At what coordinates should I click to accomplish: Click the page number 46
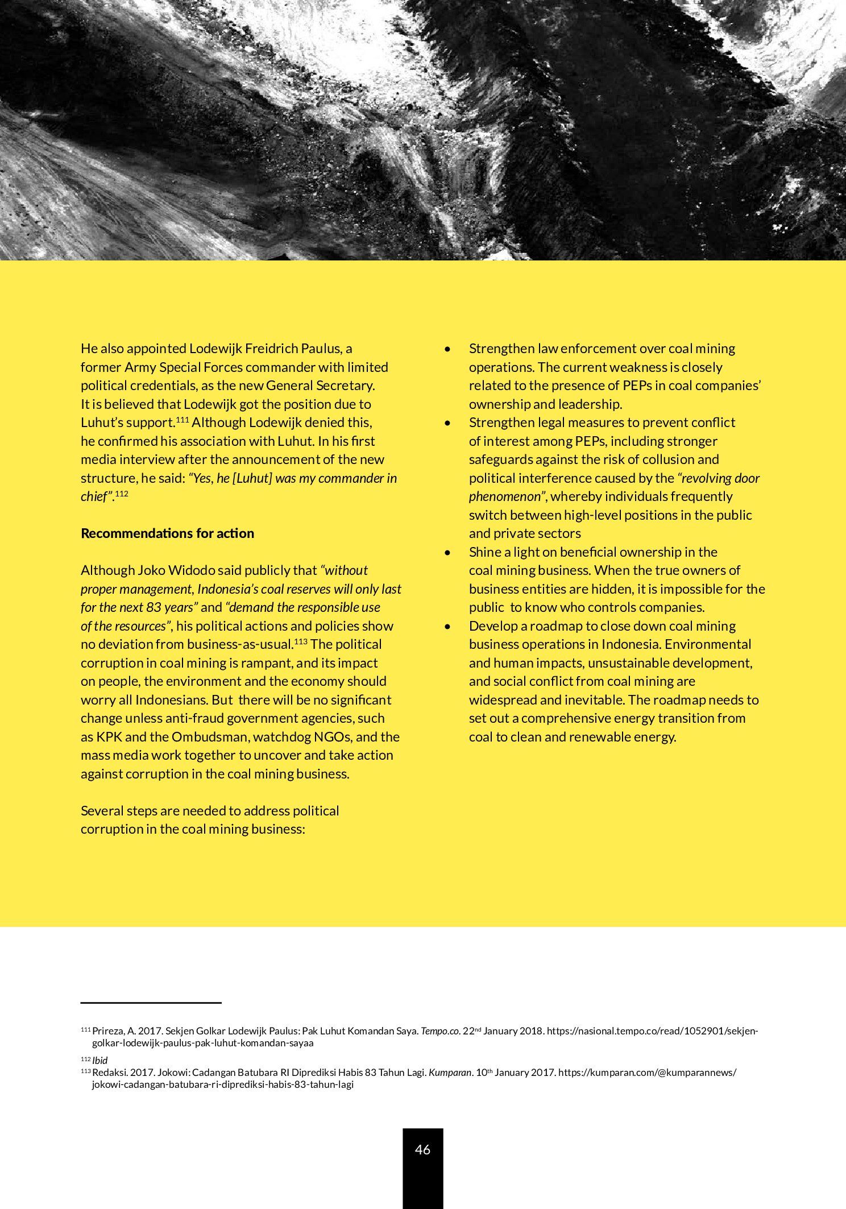(422, 1149)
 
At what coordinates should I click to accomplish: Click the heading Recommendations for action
(167, 533)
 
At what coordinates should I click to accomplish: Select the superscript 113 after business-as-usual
(301, 642)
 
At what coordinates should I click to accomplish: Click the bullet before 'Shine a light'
(448, 552)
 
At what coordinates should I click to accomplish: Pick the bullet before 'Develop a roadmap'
(448, 626)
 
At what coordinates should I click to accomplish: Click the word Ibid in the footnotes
(100, 1061)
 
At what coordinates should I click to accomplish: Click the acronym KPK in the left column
(109, 737)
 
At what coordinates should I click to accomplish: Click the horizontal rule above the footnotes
(151, 1003)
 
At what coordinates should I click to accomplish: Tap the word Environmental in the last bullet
(708, 644)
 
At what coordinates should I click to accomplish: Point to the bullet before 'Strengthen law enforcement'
(448, 349)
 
